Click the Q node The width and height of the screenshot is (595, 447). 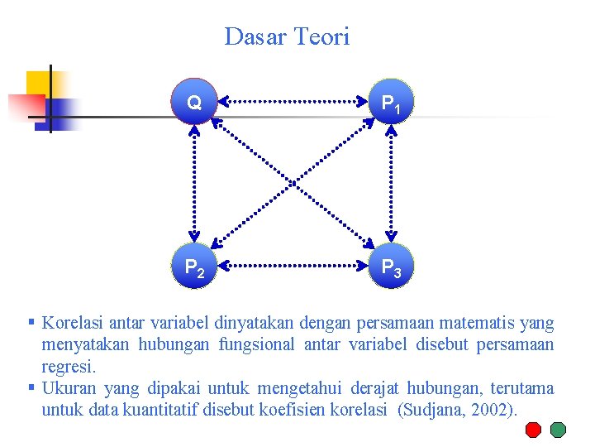(194, 103)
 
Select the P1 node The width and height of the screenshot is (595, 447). (391, 103)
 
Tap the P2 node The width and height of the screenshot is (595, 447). (195, 267)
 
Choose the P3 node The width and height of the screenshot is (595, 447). (391, 267)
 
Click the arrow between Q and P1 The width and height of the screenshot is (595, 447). (293, 102)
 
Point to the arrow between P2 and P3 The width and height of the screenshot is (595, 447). (293, 267)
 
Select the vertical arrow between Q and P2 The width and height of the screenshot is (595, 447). (195, 184)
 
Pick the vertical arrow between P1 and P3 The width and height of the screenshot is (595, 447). (391, 184)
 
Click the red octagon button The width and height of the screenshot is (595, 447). (534, 430)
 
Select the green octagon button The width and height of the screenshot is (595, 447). (559, 430)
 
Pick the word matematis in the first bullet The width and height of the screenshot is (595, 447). (474, 323)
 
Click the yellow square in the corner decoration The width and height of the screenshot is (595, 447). (38, 83)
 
